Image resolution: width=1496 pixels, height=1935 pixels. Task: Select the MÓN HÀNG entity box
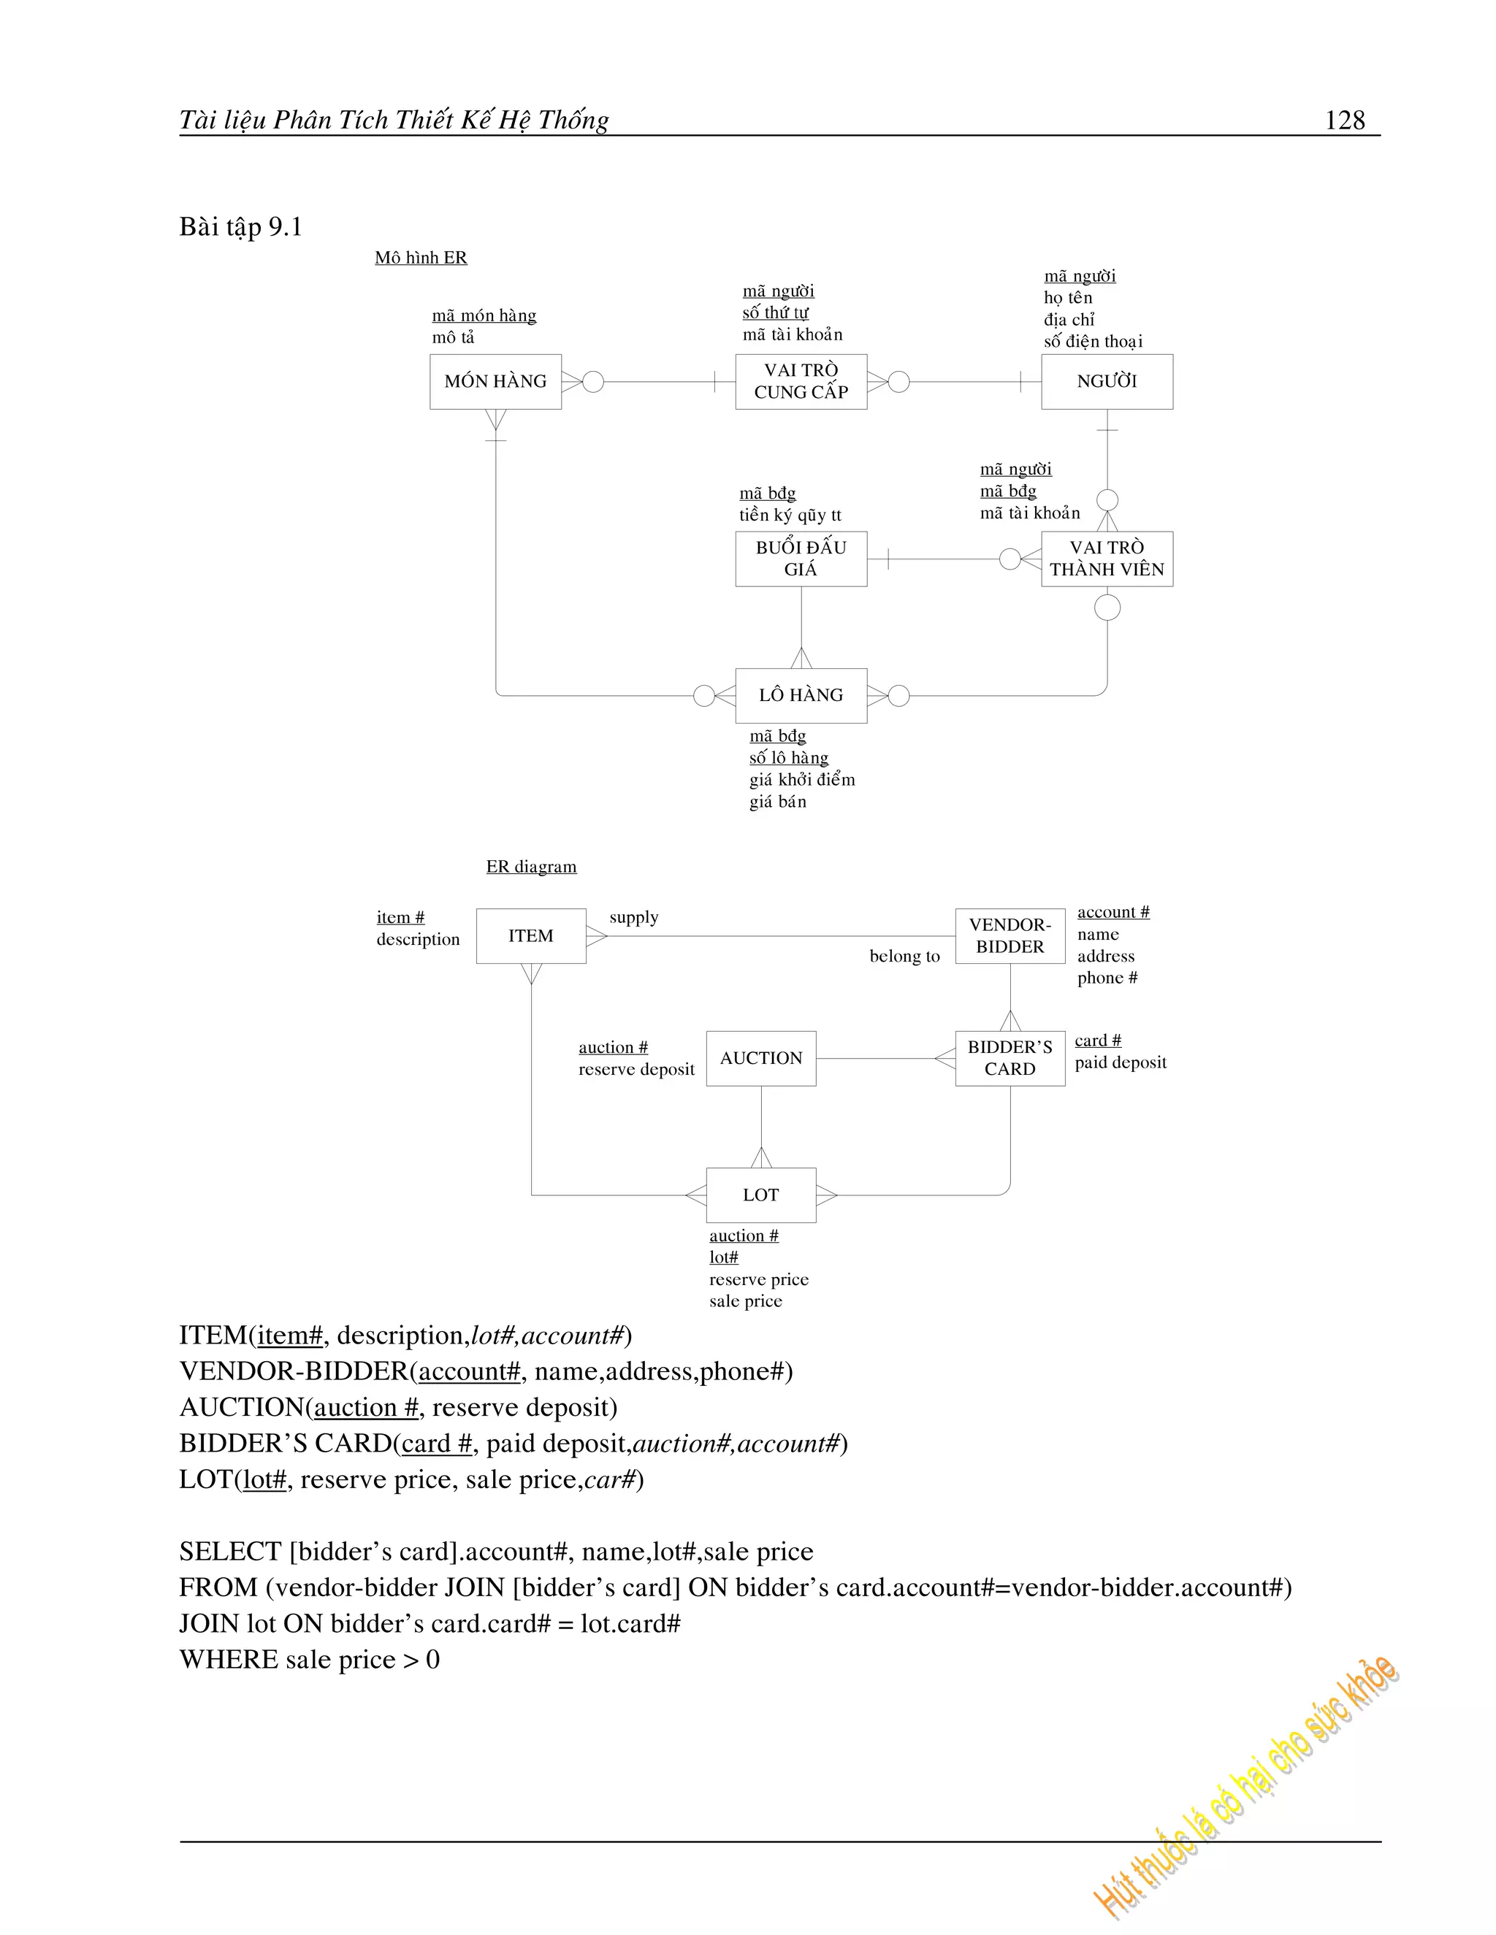495,382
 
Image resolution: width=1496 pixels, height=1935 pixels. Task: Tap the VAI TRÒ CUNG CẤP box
801,382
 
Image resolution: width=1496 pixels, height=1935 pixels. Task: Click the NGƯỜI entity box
1106,382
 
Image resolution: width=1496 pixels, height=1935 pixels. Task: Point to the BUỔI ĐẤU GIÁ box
801,559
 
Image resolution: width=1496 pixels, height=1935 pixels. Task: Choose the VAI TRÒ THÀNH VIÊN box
1106,559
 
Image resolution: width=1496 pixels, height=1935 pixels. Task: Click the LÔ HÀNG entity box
801,695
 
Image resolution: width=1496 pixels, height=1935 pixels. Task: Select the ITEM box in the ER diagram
531,935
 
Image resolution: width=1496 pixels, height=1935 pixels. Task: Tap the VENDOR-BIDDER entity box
1010,935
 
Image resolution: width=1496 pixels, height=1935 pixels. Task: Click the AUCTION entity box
760,1058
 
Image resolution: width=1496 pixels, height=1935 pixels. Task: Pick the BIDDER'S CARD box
1010,1058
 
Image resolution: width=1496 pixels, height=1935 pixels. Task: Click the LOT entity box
760,1195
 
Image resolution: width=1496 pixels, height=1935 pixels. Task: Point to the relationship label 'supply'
633,917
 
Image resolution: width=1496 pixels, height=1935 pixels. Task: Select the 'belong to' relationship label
904,956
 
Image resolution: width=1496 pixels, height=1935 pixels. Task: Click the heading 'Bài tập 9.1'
241,227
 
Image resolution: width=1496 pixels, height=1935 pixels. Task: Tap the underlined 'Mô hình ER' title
420,258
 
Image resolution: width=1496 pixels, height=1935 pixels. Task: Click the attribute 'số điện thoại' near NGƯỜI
1093,341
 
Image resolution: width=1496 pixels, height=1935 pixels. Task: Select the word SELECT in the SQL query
230,1552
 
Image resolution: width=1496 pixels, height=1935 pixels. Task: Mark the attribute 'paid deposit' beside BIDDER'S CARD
1121,1062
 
